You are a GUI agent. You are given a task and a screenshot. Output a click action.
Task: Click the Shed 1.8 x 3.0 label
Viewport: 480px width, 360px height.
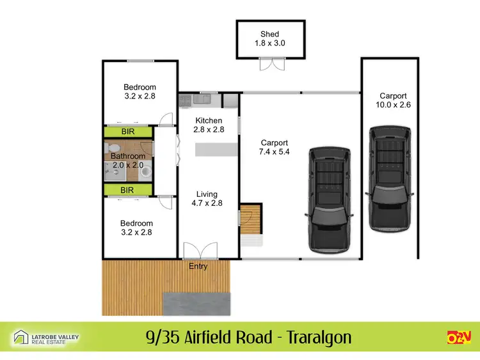pyautogui.click(x=269, y=39)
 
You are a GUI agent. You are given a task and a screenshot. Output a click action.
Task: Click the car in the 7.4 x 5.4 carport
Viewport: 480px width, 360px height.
pyautogui.click(x=331, y=199)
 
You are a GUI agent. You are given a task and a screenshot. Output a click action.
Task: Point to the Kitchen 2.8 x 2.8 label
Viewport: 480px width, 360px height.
pyautogui.click(x=209, y=125)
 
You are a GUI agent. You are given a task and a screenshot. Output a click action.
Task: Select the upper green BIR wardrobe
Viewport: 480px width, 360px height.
pyautogui.click(x=128, y=131)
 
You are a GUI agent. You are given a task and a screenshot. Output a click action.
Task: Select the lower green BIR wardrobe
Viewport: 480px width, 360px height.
pyautogui.click(x=128, y=190)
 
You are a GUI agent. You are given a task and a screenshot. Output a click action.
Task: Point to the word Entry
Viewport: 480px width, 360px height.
pyautogui.click(x=198, y=266)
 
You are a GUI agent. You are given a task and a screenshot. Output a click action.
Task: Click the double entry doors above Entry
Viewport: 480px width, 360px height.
pyautogui.click(x=198, y=251)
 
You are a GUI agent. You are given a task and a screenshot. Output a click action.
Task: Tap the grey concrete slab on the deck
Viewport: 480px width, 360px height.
pyautogui.click(x=195, y=304)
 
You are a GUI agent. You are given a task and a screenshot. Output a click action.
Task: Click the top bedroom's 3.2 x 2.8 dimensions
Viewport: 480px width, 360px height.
pyautogui.click(x=140, y=96)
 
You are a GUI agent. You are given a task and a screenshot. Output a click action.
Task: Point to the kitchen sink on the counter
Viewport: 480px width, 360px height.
pyautogui.click(x=202, y=99)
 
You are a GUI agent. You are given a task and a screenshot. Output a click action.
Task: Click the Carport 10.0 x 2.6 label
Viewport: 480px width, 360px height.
pyautogui.click(x=392, y=100)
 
